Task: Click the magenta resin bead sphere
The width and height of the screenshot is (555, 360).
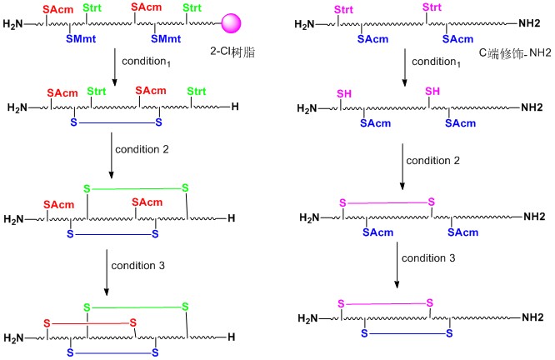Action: (231, 23)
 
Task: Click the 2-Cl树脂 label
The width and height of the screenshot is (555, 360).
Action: (232, 52)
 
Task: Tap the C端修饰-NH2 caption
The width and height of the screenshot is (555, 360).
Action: (515, 52)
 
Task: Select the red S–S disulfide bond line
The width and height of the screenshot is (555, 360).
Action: (90, 323)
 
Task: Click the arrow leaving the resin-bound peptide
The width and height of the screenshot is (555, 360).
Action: (114, 67)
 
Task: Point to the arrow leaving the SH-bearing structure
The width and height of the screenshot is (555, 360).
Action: (402, 167)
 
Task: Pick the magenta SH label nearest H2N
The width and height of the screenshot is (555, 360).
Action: (344, 94)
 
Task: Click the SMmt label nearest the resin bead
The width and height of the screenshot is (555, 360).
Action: (166, 38)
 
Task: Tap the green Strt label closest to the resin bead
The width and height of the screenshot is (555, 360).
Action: (192, 7)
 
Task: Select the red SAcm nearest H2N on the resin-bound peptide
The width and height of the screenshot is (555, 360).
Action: (58, 9)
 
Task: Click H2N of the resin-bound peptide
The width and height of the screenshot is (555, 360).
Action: (12, 24)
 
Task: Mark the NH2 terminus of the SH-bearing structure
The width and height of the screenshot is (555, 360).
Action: (532, 107)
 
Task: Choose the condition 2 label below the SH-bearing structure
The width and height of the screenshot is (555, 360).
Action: (432, 161)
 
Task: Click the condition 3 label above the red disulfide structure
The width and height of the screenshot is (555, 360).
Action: (138, 266)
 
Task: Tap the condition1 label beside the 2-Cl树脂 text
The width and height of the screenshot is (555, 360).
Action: (146, 62)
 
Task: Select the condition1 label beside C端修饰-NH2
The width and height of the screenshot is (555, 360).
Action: (436, 62)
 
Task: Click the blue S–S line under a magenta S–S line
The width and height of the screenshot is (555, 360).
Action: (407, 333)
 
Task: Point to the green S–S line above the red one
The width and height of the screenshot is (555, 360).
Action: (137, 307)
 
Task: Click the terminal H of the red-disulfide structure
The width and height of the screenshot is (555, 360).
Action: (231, 337)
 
